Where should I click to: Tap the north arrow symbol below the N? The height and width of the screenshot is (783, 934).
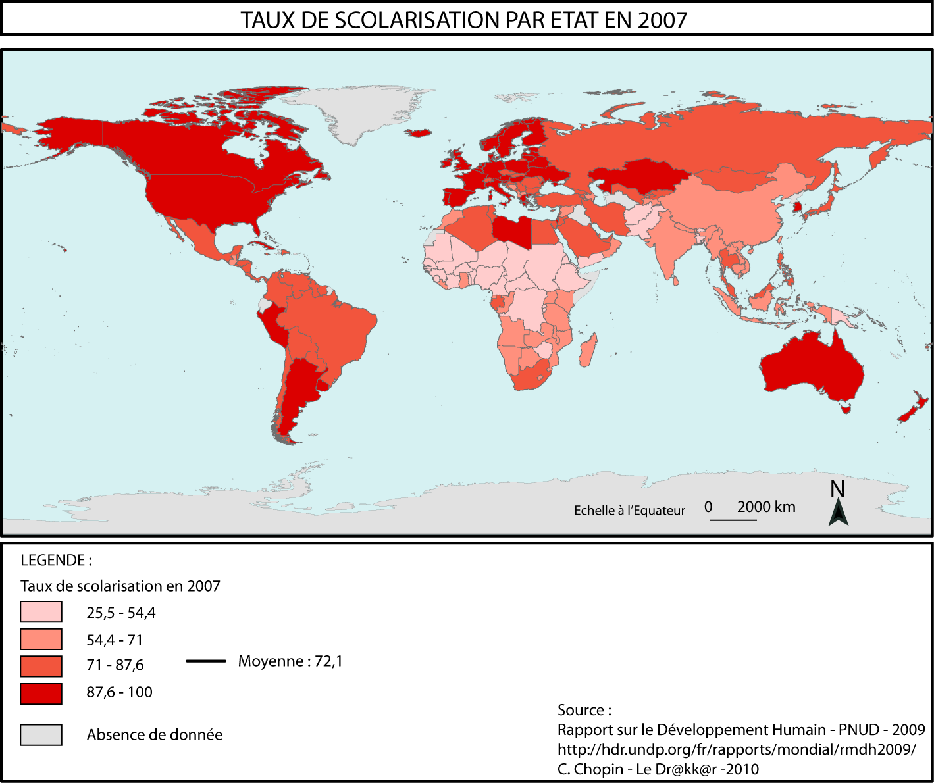(x=838, y=514)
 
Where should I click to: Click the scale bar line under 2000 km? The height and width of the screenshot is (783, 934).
(x=733, y=520)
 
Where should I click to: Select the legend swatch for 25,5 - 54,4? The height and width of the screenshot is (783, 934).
(x=41, y=612)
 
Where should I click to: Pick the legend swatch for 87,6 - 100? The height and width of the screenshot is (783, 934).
(x=41, y=694)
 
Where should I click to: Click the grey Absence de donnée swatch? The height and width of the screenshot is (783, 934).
(x=41, y=735)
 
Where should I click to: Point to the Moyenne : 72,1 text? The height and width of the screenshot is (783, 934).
(x=290, y=661)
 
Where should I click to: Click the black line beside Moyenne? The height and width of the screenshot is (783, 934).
(x=206, y=661)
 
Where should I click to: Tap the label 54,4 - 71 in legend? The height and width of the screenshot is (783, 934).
(x=115, y=640)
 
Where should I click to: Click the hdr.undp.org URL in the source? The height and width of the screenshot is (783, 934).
(x=736, y=749)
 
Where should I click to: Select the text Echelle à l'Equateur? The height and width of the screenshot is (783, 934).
(x=629, y=511)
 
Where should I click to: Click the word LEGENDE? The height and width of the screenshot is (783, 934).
(x=55, y=561)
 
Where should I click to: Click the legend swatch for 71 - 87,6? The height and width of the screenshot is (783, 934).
(x=41, y=666)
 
